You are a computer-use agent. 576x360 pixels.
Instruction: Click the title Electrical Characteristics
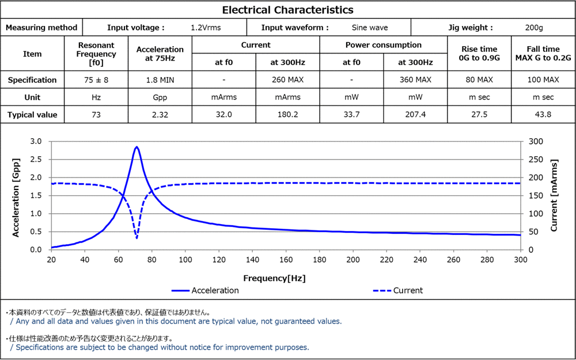click(x=287, y=10)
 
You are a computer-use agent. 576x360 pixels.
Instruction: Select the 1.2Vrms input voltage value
click(x=206, y=27)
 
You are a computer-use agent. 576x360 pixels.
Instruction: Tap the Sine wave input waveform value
click(x=369, y=27)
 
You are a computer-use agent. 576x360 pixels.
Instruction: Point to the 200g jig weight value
click(x=534, y=27)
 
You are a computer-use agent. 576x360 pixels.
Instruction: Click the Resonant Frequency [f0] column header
click(x=96, y=54)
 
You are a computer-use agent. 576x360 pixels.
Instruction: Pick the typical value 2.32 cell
click(x=160, y=115)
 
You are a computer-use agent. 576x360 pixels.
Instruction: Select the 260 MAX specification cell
click(x=287, y=80)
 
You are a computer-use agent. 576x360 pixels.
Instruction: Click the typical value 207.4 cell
click(x=415, y=115)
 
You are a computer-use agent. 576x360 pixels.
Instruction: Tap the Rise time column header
click(x=479, y=54)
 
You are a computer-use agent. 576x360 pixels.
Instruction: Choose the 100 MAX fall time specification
click(x=543, y=80)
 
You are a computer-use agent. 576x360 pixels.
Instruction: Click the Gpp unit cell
click(x=160, y=97)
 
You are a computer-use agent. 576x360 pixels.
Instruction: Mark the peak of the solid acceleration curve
click(x=137, y=147)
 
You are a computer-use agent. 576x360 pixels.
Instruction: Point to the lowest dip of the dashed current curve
click(x=137, y=238)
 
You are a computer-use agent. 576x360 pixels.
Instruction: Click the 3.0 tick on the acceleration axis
click(x=36, y=141)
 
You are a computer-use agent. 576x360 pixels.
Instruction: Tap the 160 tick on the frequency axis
click(x=286, y=260)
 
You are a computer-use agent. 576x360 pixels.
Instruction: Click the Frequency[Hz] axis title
click(x=274, y=278)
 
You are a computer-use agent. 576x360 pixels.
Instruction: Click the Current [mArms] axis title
click(x=554, y=195)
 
